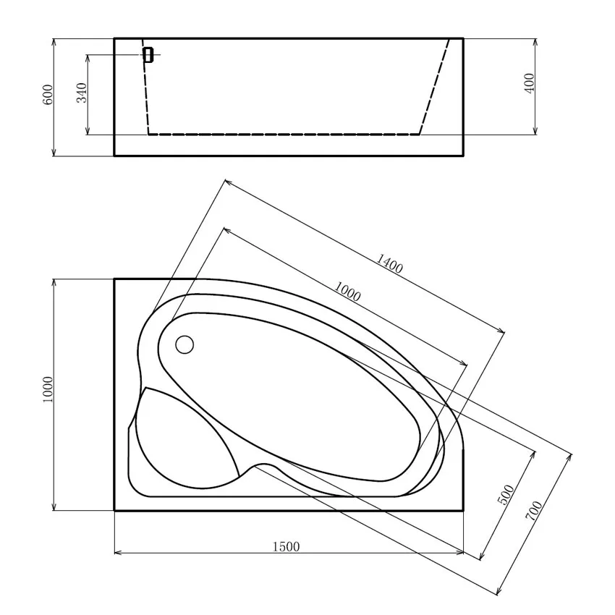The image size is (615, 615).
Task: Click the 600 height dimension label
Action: click(x=47, y=95)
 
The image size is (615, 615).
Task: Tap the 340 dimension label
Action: click(x=82, y=93)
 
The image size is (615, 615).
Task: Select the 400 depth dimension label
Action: click(x=529, y=83)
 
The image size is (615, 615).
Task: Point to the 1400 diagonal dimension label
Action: click(x=389, y=263)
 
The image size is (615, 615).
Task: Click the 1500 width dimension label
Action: click(x=286, y=546)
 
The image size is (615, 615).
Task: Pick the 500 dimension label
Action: click(x=506, y=495)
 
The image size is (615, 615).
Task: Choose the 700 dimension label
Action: click(x=533, y=511)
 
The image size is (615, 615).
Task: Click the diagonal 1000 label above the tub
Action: click(x=347, y=292)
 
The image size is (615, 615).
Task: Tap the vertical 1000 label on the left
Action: click(x=47, y=389)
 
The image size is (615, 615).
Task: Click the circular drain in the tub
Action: click(x=184, y=344)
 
